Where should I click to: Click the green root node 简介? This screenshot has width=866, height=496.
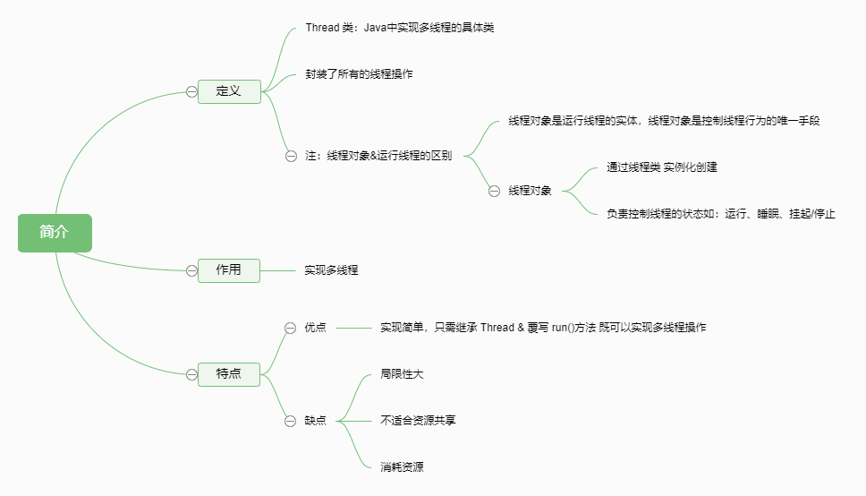[55, 232]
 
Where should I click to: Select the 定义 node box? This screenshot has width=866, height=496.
[229, 91]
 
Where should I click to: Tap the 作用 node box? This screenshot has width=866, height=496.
[229, 269]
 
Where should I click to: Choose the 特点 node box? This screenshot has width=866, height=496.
[229, 374]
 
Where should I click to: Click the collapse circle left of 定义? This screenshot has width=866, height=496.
[191, 91]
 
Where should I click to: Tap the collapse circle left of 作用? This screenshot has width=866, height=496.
[191, 270]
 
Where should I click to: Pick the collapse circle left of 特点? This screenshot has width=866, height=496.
[191, 374]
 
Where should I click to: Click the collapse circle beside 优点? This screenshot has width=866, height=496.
[290, 328]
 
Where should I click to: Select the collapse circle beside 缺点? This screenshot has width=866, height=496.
[290, 421]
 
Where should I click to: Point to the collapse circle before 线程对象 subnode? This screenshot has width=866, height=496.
[494, 191]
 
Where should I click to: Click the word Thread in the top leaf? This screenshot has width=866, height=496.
[322, 28]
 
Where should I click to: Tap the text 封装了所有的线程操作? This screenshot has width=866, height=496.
[359, 74]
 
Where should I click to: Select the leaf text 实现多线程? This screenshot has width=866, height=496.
[331, 269]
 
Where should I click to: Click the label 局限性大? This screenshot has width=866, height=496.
[402, 373]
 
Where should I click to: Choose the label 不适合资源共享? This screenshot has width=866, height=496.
[418, 420]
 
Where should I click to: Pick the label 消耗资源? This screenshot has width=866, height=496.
[402, 466]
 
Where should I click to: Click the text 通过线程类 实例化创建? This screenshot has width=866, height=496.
[662, 167]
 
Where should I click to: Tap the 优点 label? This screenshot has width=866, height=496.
[315, 328]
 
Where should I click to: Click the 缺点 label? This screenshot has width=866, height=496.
[315, 421]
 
